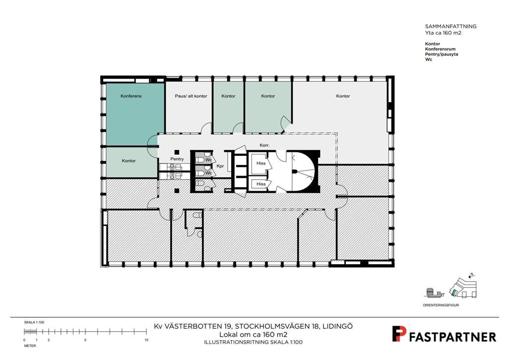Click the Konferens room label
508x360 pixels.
(131, 96)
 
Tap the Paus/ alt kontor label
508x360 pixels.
(191, 96)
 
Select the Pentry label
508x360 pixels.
(177, 159)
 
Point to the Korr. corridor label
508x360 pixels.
(264, 145)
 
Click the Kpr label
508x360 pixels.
(220, 166)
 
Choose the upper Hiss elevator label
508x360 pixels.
(261, 163)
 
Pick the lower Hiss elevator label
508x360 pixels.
(261, 184)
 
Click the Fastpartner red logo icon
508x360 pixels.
(398, 334)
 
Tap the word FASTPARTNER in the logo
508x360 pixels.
(452, 337)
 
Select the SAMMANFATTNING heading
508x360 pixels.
(450, 26)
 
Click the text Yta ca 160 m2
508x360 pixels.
(443, 33)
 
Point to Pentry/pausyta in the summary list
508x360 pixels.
(442, 54)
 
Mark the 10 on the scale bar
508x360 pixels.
(146, 340)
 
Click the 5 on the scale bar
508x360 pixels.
(85, 340)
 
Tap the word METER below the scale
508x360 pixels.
(30, 346)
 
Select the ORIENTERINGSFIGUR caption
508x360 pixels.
(441, 305)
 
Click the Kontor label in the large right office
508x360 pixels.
(343, 96)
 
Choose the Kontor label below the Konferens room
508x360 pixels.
(128, 160)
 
